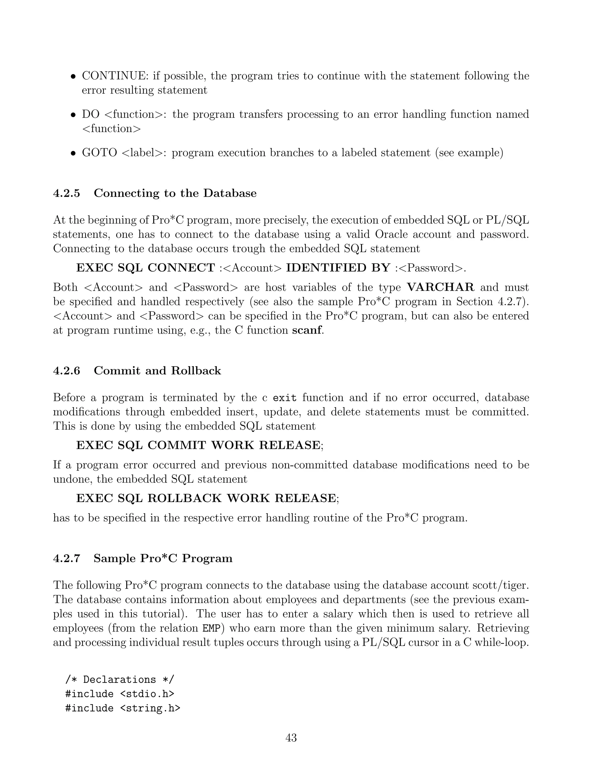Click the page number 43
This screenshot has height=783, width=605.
coord(291,738)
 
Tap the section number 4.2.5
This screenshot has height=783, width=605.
coord(67,193)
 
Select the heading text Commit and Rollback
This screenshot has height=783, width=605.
coord(157,371)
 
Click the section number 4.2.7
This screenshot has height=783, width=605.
coord(67,558)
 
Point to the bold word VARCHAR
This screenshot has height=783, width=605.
coord(440,287)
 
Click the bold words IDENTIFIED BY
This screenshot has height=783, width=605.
coord(338,268)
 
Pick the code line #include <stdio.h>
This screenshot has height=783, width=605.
coord(120,694)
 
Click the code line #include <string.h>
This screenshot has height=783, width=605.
coord(123,709)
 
